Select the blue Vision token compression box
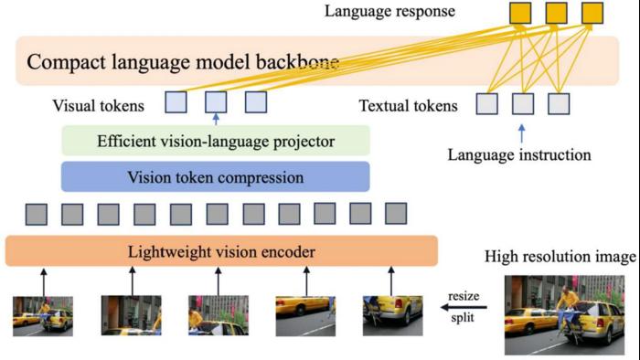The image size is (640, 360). point(215,176)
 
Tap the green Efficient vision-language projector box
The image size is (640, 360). point(215,142)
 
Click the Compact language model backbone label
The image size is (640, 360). point(183,62)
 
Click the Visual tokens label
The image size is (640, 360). point(99,106)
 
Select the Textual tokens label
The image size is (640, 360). point(408,106)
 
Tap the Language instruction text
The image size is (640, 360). point(518,154)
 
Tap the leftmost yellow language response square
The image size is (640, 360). point(519,13)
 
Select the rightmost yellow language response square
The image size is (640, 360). point(592,13)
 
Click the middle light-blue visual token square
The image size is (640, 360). point(216,102)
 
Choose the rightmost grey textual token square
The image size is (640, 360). point(559,103)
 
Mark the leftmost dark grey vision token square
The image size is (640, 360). point(37,215)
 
